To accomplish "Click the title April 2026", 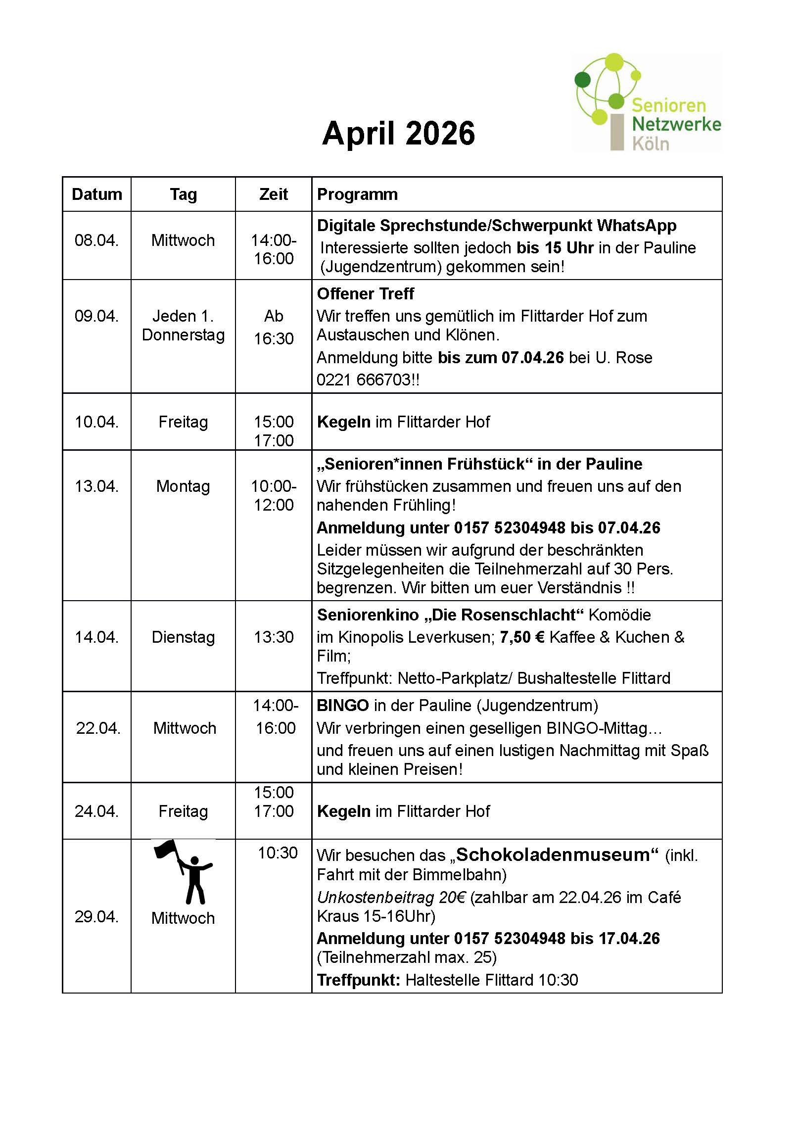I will click(x=398, y=134).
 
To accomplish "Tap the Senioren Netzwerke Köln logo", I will click(x=647, y=103).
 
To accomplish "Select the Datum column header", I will click(x=97, y=194).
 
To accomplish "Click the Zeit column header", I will click(x=273, y=194).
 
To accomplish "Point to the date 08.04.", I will click(x=96, y=240).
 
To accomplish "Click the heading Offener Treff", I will click(x=365, y=294).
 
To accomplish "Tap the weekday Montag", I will click(x=183, y=486).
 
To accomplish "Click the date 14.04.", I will click(x=96, y=637).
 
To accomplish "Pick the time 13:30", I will click(x=274, y=637).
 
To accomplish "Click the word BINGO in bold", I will click(x=343, y=706).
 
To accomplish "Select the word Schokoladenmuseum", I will click(x=553, y=855).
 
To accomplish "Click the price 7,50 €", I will click(x=521, y=637).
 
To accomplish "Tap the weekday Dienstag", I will click(x=183, y=637).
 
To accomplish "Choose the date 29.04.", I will click(x=96, y=916).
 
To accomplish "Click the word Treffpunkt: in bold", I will click(x=358, y=980).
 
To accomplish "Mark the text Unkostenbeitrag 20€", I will click(x=391, y=898).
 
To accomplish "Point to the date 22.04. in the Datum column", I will click(x=98, y=728).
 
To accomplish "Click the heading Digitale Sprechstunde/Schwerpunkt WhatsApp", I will click(x=497, y=226).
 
